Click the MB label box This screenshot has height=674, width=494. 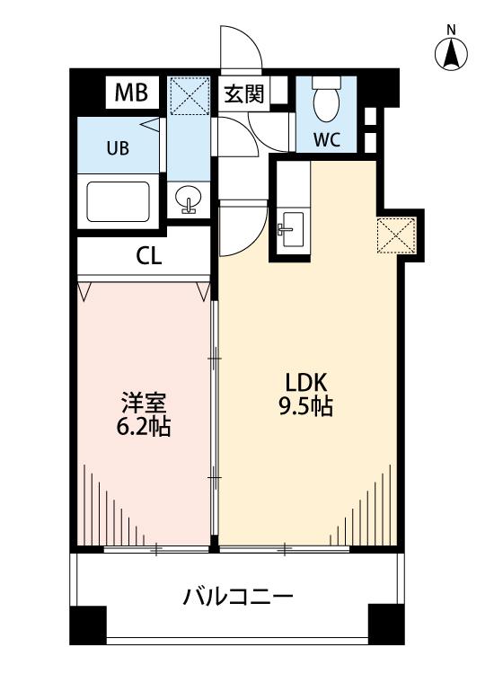pyautogui.click(x=132, y=93)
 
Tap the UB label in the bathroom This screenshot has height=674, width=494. pyautogui.click(x=118, y=148)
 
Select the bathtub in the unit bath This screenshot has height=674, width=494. pyautogui.click(x=119, y=201)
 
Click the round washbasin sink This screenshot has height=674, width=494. pyautogui.click(x=189, y=199)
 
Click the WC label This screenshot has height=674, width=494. pyautogui.click(x=326, y=138)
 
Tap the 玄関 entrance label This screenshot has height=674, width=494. pyautogui.click(x=243, y=93)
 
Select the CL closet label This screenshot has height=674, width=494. pyautogui.click(x=148, y=256)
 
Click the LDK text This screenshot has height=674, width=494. pyautogui.click(x=307, y=382)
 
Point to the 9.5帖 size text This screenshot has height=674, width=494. pyautogui.click(x=306, y=406)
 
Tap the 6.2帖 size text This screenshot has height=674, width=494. pyautogui.click(x=144, y=426)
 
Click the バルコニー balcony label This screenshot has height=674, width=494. pyautogui.click(x=238, y=597)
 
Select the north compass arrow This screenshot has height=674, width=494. pyautogui.click(x=451, y=54)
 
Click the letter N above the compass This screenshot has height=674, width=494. pyautogui.click(x=451, y=30)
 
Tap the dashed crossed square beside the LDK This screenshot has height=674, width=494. pyautogui.click(x=396, y=235)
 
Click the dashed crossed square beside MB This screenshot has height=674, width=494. pyautogui.click(x=190, y=96)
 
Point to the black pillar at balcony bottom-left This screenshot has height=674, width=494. pyautogui.click(x=88, y=625)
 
